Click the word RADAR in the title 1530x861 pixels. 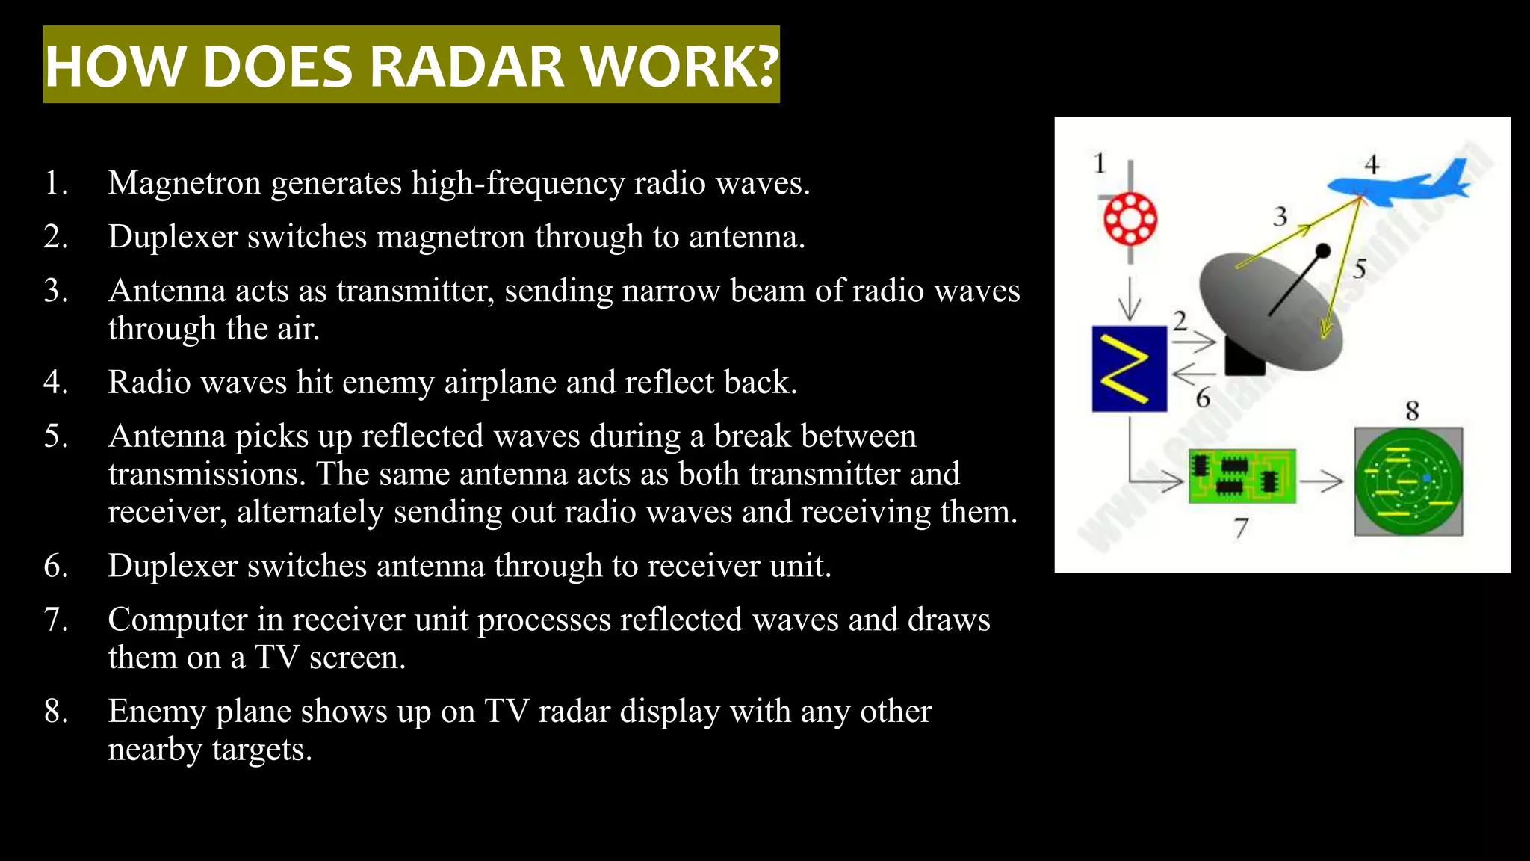[x=466, y=67]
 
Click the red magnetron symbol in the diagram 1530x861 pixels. [x=1130, y=218]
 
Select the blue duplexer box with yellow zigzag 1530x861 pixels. [x=1129, y=368]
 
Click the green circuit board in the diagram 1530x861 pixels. [x=1242, y=476]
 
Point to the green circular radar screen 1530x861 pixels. [x=1408, y=482]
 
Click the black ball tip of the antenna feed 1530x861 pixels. [x=1322, y=250]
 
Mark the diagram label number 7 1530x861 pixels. [x=1241, y=528]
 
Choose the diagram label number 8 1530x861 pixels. [x=1412, y=410]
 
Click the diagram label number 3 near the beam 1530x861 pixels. [x=1280, y=217]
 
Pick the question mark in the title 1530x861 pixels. [x=764, y=67]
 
